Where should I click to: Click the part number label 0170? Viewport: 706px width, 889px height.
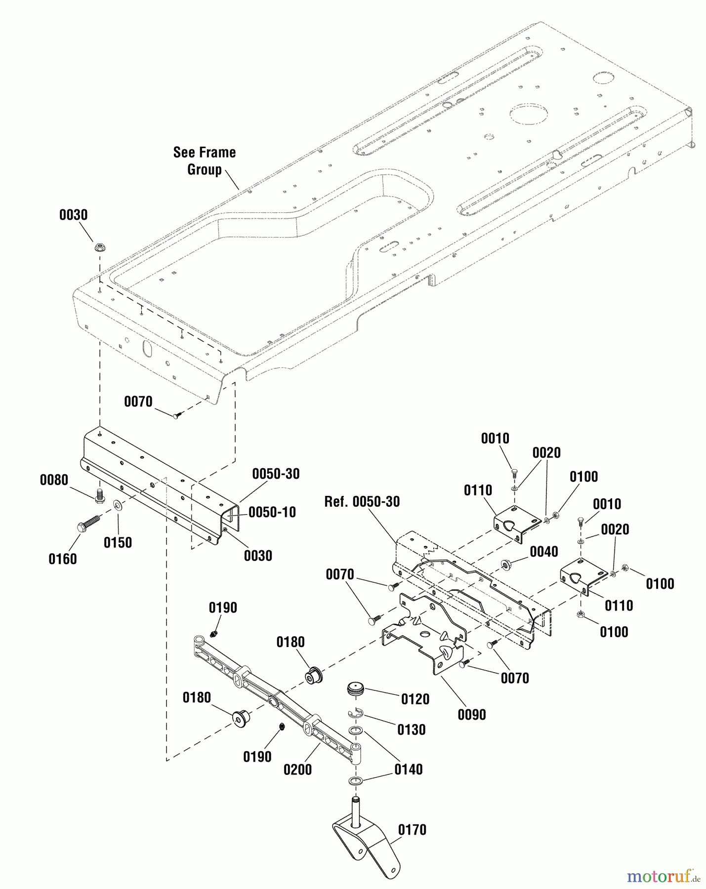click(x=412, y=830)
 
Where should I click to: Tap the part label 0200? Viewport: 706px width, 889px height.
click(x=297, y=769)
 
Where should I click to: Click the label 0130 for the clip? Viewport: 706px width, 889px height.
click(x=412, y=729)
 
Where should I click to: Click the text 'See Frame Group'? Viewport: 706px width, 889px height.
click(x=205, y=161)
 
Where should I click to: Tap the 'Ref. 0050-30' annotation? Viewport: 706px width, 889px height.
click(x=362, y=501)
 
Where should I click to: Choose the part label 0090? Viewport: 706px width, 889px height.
click(x=472, y=714)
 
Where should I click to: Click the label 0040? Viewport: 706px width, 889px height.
click(x=544, y=552)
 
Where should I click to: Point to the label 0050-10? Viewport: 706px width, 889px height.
click(x=272, y=512)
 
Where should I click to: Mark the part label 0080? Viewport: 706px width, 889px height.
click(x=54, y=480)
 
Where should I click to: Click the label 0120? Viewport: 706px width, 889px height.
click(x=415, y=699)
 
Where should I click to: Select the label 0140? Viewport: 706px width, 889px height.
click(x=408, y=769)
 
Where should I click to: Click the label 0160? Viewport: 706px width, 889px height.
click(x=63, y=559)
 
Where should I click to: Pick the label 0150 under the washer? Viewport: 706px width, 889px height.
click(x=118, y=542)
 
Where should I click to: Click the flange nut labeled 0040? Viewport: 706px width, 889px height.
click(x=505, y=564)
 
